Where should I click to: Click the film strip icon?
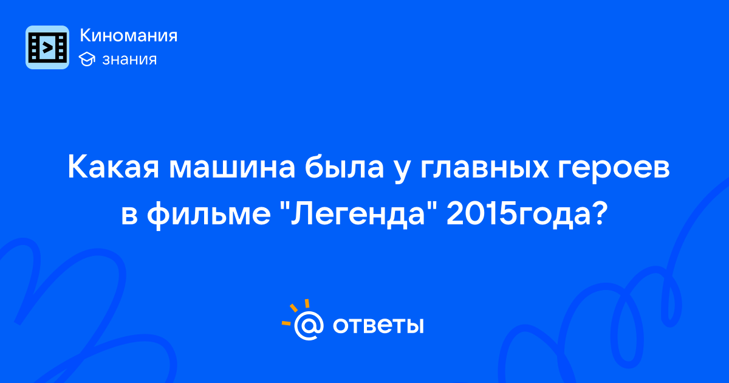[47, 47]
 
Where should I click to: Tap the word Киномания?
[129, 35]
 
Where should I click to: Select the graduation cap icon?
[87, 60]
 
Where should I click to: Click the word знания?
[129, 60]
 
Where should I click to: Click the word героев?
[614, 170]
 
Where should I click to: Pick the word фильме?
[208, 215]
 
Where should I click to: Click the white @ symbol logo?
[309, 325]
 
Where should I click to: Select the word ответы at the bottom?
[378, 325]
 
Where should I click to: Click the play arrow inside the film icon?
[47, 47]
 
